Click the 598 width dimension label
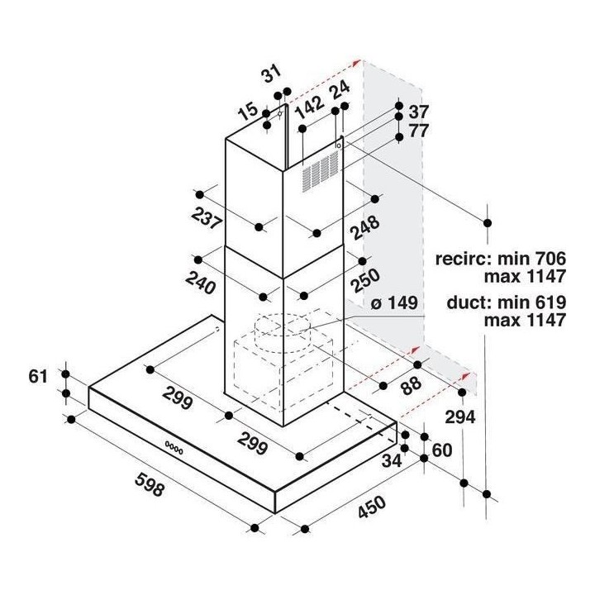(150, 484)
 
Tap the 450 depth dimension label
(372, 507)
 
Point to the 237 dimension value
(206, 218)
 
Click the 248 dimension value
(364, 228)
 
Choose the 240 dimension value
(200, 283)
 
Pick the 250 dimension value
(364, 281)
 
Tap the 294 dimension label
(460, 417)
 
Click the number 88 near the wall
(411, 385)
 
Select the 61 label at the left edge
(38, 377)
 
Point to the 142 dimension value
(310, 107)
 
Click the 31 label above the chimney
(272, 74)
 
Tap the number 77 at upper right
(418, 131)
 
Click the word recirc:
(464, 259)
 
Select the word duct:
(469, 302)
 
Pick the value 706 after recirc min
(550, 259)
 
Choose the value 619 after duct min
(550, 302)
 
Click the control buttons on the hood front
(174, 448)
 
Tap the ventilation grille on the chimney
(321, 172)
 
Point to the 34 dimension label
(391, 460)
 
